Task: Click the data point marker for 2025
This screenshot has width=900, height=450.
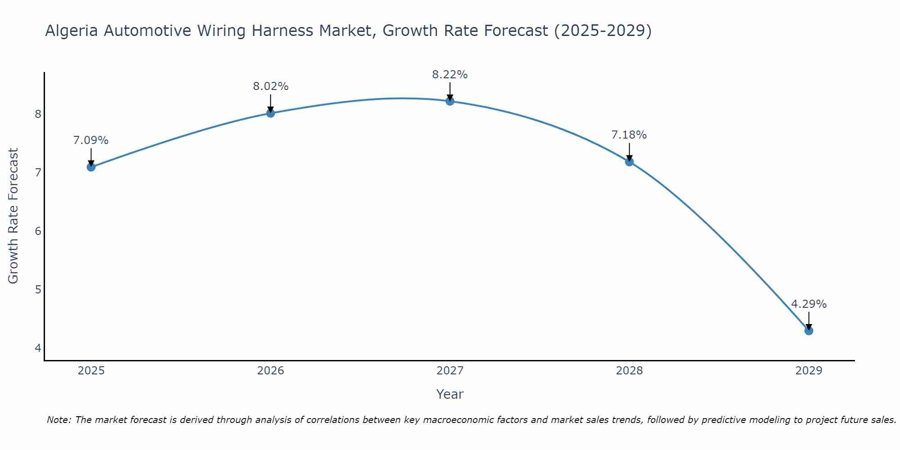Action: [x=91, y=167]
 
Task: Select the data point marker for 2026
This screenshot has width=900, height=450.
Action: [x=270, y=113]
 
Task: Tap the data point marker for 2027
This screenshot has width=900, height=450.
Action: [x=450, y=101]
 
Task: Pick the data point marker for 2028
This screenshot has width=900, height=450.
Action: [x=630, y=162]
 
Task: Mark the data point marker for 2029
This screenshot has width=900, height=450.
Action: [x=809, y=331]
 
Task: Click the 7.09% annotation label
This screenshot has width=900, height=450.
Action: [x=91, y=140]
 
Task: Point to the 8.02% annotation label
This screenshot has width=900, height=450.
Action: [x=270, y=86]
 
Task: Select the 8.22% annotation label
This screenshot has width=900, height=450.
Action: [x=450, y=75]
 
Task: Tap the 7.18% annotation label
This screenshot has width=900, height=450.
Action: [x=629, y=135]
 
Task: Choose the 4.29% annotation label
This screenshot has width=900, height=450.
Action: [x=809, y=304]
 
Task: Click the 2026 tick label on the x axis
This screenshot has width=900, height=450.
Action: [x=270, y=371]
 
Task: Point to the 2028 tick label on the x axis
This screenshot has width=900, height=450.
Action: [x=630, y=371]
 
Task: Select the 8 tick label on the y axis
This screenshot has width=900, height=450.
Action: [x=38, y=114]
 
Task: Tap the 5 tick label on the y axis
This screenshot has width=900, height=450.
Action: [x=38, y=289]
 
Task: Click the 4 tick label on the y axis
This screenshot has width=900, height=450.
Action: [x=38, y=348]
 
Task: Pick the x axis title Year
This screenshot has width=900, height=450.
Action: [x=450, y=394]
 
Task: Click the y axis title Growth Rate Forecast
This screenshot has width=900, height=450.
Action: [x=13, y=216]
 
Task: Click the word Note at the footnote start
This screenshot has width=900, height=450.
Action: [x=58, y=420]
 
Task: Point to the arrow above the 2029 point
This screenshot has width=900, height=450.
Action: [x=809, y=320]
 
